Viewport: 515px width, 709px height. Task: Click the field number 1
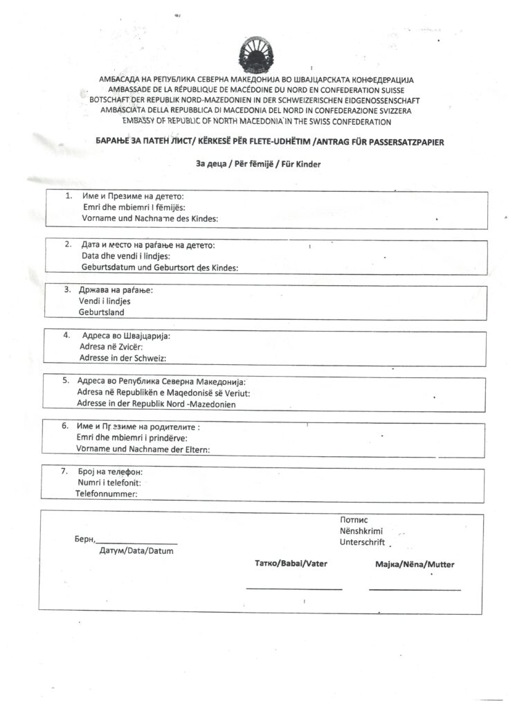(69, 195)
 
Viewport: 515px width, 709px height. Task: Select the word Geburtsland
(102, 312)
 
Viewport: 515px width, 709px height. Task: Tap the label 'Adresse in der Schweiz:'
(123, 358)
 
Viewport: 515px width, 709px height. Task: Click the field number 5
(66, 380)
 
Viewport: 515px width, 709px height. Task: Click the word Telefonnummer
(106, 494)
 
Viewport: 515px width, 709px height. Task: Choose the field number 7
(64, 472)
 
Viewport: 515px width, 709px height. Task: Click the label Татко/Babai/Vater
(291, 564)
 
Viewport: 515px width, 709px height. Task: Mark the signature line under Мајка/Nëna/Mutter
(415, 589)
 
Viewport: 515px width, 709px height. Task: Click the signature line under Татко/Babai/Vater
(294, 589)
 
